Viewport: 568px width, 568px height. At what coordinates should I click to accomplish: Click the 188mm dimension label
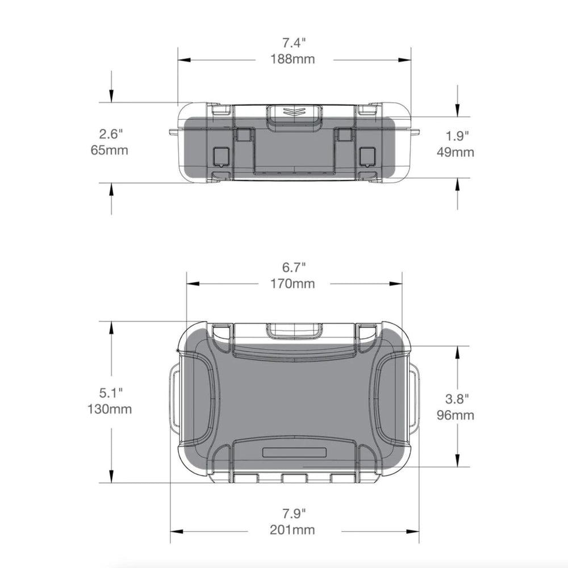pos(293,59)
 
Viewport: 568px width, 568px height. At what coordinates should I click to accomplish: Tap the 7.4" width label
pos(294,43)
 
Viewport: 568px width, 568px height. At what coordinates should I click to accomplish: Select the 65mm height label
pos(110,149)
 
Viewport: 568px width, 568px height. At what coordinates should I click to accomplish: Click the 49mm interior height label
pos(456,152)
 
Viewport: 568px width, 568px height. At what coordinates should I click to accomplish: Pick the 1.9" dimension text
pos(457,136)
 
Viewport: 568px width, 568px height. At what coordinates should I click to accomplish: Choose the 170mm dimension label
pos(293,283)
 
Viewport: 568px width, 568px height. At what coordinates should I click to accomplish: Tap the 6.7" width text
pos(294,268)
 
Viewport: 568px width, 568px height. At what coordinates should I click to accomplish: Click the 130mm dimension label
pos(110,409)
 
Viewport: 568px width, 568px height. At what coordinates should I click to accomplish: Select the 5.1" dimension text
pos(111,392)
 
